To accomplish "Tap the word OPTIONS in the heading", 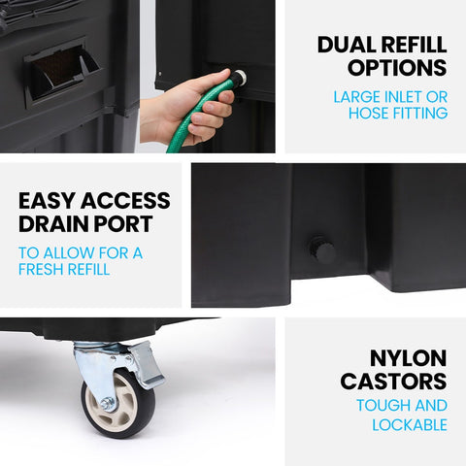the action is (397, 68).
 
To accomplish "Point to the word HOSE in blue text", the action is (369, 113).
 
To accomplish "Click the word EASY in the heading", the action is (47, 201).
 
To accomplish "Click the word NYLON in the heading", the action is (409, 358).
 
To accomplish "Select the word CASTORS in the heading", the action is (393, 382).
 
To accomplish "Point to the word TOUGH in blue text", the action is (379, 405).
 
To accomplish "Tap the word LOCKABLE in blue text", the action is (410, 425).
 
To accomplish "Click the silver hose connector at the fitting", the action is (240, 77).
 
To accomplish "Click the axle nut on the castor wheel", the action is (107, 403).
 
